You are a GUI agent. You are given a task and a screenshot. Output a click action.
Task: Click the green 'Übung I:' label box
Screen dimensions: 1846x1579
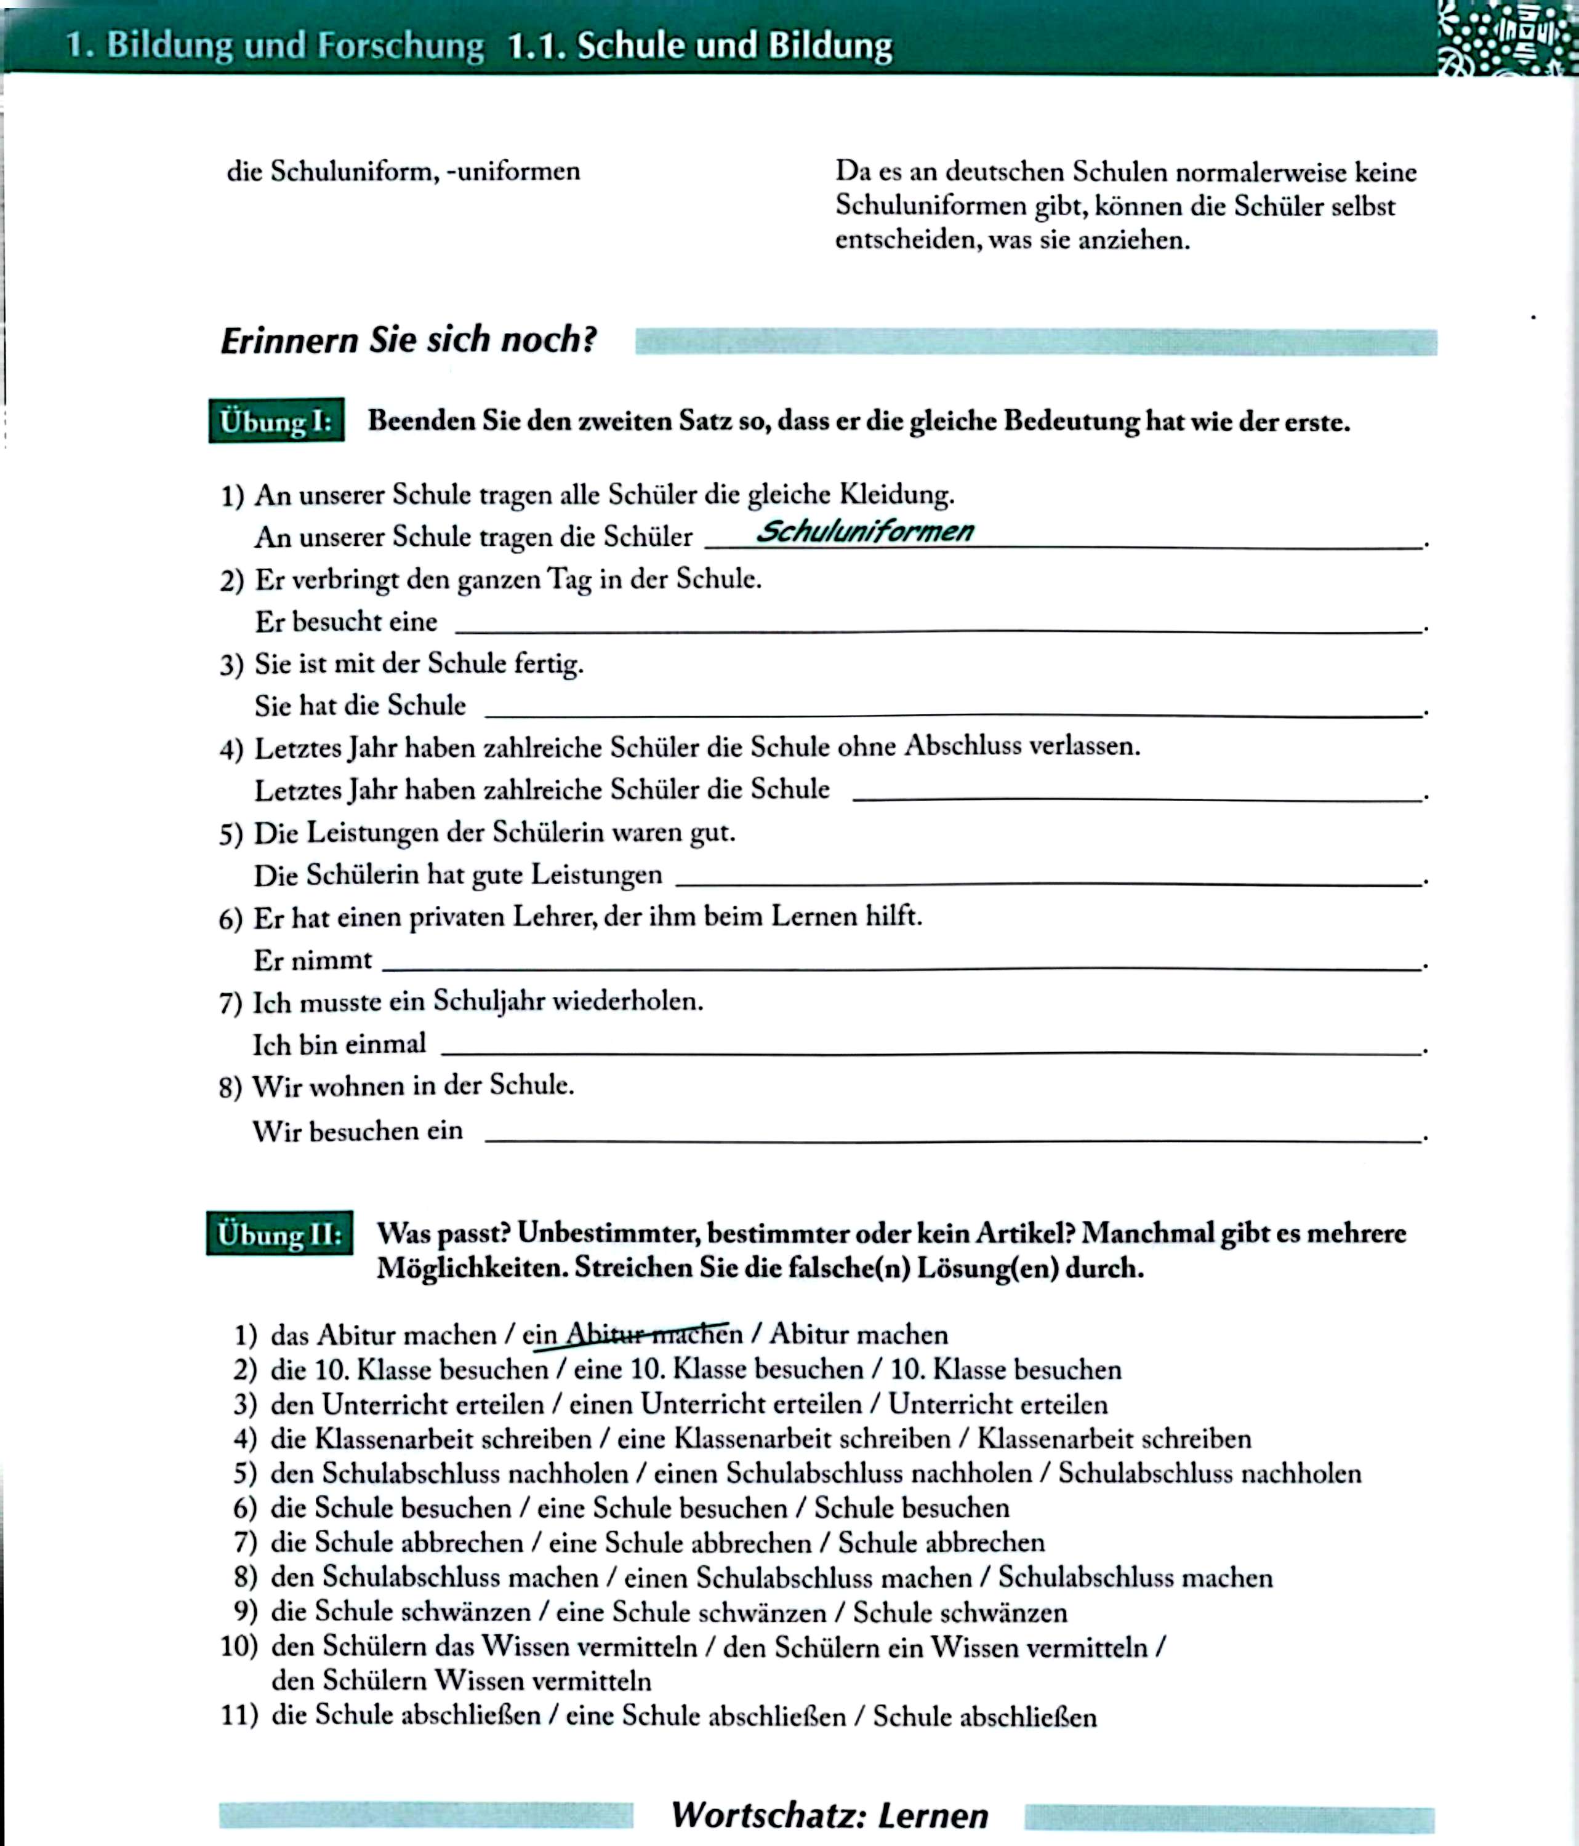pos(276,420)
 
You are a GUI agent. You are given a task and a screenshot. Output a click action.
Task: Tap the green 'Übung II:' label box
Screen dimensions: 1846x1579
pos(279,1234)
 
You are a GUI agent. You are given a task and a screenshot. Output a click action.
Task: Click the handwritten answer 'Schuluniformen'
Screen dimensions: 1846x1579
pos(864,532)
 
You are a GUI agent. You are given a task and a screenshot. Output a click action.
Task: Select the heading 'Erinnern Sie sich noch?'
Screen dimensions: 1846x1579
pos(408,340)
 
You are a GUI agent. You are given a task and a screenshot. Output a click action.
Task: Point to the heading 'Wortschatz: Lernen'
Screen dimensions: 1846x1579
pos(829,1815)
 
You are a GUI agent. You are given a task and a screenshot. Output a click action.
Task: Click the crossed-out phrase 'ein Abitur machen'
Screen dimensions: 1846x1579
pos(632,1335)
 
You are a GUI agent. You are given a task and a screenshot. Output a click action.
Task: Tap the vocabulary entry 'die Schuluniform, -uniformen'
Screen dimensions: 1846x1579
pos(403,171)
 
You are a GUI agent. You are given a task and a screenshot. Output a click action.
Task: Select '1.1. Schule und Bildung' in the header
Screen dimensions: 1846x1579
pos(699,46)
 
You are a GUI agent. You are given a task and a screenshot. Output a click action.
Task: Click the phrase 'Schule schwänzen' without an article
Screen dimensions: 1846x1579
pos(960,1613)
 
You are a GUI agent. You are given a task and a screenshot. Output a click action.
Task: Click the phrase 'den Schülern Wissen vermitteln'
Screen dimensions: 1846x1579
pos(460,1681)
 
